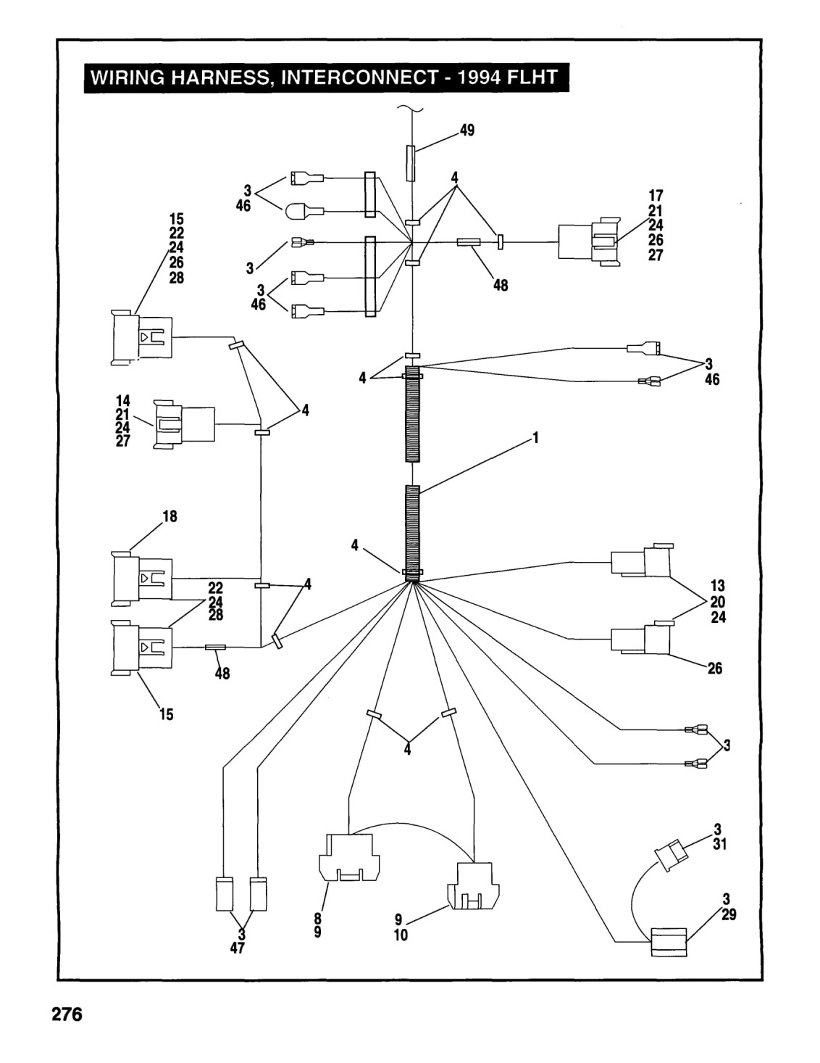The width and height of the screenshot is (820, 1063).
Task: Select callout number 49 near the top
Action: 467,130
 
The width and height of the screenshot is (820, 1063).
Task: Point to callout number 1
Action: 535,437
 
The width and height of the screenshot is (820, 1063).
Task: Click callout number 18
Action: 170,516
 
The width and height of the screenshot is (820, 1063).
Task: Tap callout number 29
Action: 729,914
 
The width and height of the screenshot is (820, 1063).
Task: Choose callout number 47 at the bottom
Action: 237,948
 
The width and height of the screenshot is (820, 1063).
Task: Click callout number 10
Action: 401,935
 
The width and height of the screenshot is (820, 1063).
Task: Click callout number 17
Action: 656,196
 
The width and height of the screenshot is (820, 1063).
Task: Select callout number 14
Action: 122,401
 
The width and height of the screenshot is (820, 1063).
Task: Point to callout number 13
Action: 718,586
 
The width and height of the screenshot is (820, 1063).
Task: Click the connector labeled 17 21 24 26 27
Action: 590,241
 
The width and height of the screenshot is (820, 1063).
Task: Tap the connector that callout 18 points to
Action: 142,579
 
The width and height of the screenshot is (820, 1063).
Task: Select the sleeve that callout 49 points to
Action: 411,163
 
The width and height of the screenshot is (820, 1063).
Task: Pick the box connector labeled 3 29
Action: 669,942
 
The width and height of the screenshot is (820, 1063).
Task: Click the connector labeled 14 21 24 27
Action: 184,424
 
